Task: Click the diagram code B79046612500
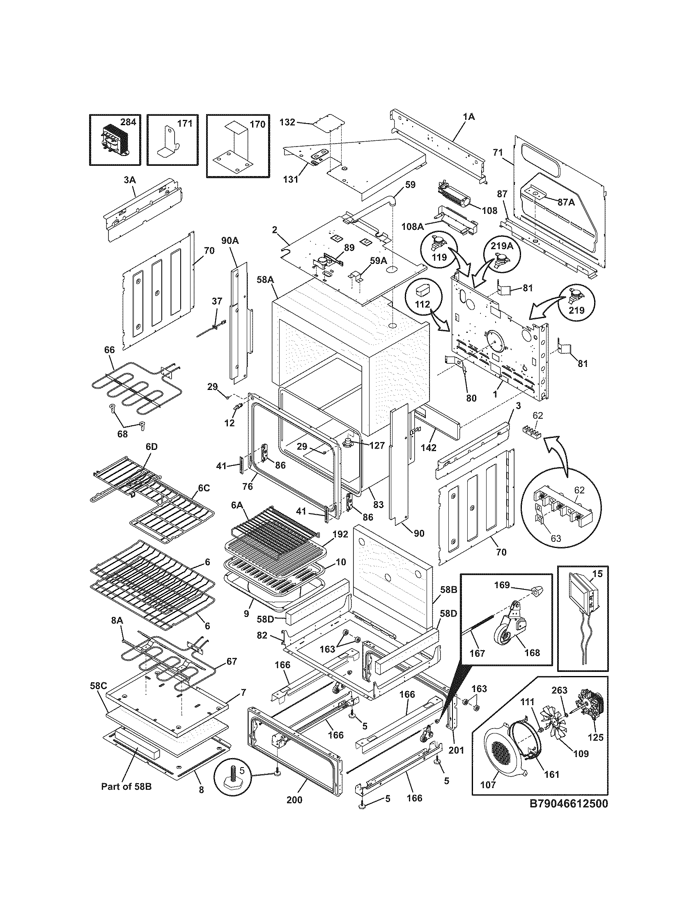click(x=569, y=804)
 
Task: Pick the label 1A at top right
click(x=468, y=117)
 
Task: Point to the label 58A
click(x=265, y=280)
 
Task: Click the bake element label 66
click(x=109, y=350)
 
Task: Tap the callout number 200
click(x=294, y=800)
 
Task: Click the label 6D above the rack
click(x=152, y=447)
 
